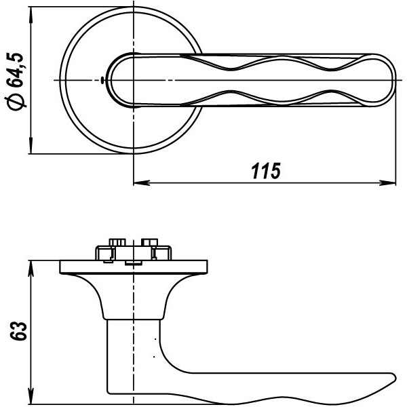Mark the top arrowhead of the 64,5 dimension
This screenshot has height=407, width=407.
[x=31, y=14]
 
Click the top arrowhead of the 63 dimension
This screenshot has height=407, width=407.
[x=31, y=267]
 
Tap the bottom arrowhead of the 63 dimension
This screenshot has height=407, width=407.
[x=31, y=393]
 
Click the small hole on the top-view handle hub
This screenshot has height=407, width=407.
[x=102, y=81]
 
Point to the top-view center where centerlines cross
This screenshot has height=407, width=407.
[x=134, y=81]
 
